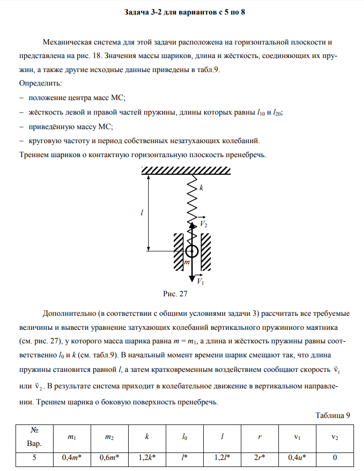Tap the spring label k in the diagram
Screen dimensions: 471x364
[201, 188]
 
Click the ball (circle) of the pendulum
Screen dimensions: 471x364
[192, 251]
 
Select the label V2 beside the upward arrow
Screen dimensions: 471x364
[204, 224]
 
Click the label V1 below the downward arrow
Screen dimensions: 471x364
[200, 282]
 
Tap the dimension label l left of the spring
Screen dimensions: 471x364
[142, 213]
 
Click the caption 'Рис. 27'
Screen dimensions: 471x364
[175, 294]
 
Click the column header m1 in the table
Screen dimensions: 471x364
[72, 437]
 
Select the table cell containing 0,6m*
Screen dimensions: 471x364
[109, 457]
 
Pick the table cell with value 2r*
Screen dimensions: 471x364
[260, 457]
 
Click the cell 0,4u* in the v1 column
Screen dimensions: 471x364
[297, 457]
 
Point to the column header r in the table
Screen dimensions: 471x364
[260, 437]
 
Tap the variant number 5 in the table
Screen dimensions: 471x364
[35, 457]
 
